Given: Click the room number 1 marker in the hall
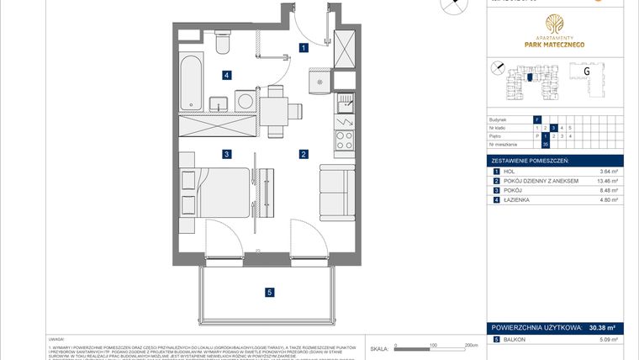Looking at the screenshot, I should point(303,49).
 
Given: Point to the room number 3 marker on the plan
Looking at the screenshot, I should point(226,154).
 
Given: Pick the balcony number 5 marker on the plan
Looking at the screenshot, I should point(269,293).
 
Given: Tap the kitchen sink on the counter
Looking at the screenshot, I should point(344,104).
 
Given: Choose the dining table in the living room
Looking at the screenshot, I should point(273,110).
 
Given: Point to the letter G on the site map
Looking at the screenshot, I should point(587,71).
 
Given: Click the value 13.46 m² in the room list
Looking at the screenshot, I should point(605,181).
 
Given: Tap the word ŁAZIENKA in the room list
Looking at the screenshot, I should point(519,199).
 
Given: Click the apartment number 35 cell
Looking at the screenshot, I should point(546,144).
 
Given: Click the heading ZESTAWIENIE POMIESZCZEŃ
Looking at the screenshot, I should point(531,160).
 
